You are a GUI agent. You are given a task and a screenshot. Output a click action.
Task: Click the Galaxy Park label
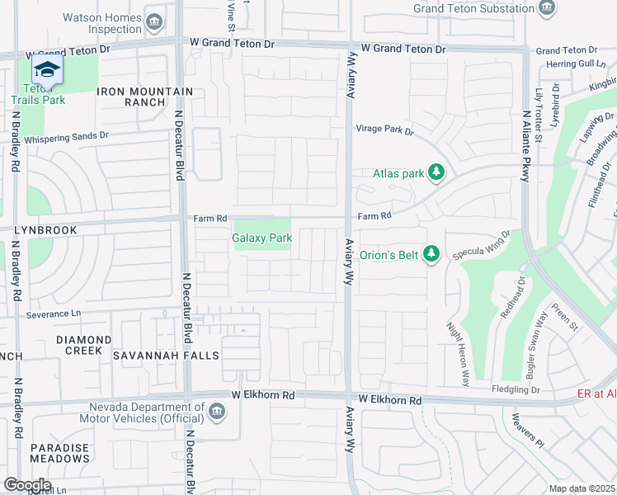(261, 238)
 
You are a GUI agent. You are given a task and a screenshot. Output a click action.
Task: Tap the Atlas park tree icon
(437, 173)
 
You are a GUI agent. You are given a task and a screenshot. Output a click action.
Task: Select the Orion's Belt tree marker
(429, 253)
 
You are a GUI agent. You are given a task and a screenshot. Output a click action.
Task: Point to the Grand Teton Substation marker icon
(546, 8)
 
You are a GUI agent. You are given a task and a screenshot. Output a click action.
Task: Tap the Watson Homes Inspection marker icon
(154, 22)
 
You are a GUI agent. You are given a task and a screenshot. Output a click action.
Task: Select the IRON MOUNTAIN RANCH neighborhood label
(145, 97)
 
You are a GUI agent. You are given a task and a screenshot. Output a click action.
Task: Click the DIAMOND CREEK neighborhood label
(83, 345)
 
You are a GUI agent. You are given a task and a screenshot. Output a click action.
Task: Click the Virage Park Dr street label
(384, 130)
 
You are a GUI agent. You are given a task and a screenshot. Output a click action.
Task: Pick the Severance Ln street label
(54, 314)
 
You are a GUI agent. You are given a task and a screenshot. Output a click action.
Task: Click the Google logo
(27, 485)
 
